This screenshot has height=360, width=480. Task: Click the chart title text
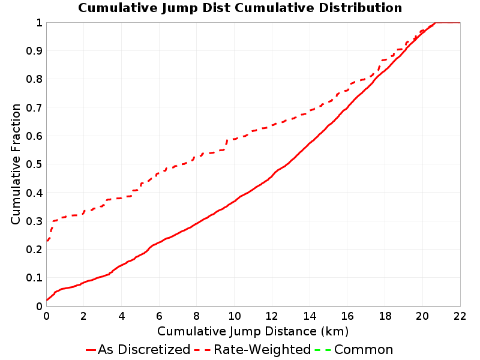coord(240,8)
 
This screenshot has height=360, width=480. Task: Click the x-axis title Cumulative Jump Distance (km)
coord(253,331)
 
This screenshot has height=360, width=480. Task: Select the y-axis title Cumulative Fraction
coord(16,164)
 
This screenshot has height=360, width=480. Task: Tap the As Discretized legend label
coord(144,349)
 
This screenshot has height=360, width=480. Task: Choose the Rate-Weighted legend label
coord(262,349)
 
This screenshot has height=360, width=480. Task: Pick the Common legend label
coord(364,349)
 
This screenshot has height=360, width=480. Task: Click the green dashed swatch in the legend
coord(323,350)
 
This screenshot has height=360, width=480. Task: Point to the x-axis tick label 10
coord(234,316)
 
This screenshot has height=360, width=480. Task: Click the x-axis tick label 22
coord(460,316)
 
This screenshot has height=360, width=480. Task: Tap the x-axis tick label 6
coord(159,316)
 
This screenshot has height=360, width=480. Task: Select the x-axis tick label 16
coord(347,316)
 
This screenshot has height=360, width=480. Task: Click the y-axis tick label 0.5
coord(34,164)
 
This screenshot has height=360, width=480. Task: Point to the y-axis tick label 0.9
coord(34,50)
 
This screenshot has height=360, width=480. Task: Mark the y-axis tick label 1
coord(40,22)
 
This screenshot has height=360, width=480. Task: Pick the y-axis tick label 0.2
coord(34,249)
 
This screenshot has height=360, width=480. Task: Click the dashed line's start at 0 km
coord(47,241)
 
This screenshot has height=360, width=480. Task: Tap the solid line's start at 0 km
coord(47,299)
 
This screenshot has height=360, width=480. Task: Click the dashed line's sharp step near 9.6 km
coord(226,144)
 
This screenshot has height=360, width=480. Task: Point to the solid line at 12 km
coord(272,176)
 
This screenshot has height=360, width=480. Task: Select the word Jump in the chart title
coord(180,8)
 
